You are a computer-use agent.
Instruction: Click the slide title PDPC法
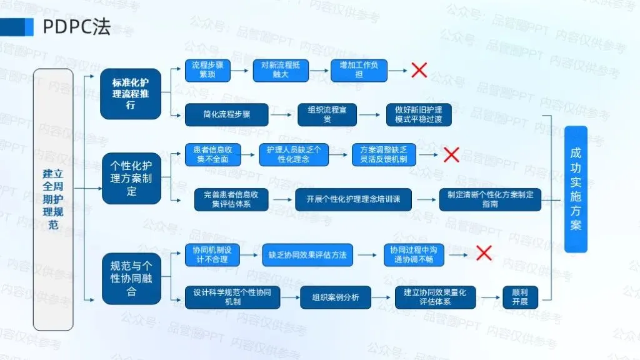click(x=76, y=27)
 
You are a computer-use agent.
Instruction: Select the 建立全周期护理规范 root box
click(x=53, y=199)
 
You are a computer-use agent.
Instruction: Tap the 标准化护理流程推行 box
click(x=131, y=94)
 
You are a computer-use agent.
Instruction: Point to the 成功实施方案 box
click(x=576, y=189)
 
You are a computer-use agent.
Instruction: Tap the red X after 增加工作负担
click(x=419, y=70)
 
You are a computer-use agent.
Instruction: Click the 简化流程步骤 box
click(x=226, y=115)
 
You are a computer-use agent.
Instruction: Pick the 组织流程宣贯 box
click(x=327, y=115)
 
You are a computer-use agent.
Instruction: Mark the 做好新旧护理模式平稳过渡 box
click(x=418, y=115)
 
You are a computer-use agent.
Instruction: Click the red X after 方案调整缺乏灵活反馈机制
click(x=451, y=154)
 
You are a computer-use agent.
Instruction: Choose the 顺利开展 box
click(x=520, y=297)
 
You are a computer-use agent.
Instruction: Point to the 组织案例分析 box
click(x=336, y=297)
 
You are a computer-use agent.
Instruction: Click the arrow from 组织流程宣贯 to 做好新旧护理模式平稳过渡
click(x=369, y=115)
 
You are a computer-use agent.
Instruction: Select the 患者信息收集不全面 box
click(x=212, y=154)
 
